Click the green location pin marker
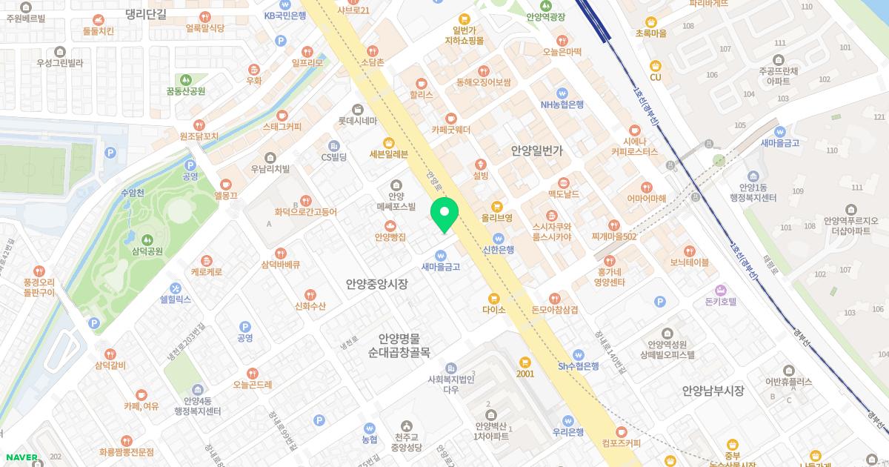pyautogui.click(x=444, y=214)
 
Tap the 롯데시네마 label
pyautogui.click(x=358, y=121)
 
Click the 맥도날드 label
pyautogui.click(x=563, y=194)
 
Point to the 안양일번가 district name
pyautogui.click(x=537, y=150)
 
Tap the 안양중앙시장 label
pyautogui.click(x=376, y=284)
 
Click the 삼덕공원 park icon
pyautogui.click(x=147, y=239)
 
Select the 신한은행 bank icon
pyautogui.click(x=499, y=238)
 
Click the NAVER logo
pyautogui.click(x=21, y=457)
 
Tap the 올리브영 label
pyautogui.click(x=497, y=218)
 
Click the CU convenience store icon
pyautogui.click(x=655, y=65)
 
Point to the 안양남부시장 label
pyautogui.click(x=713, y=391)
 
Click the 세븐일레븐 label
pyautogui.click(x=388, y=154)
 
